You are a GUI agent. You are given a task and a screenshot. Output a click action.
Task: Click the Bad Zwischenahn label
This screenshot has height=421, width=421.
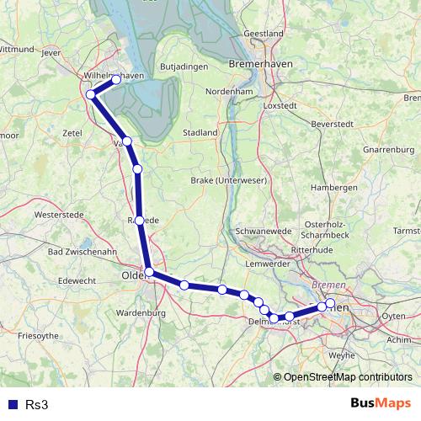tap(83, 252)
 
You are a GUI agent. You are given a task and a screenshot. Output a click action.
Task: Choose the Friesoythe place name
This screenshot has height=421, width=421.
tap(38, 335)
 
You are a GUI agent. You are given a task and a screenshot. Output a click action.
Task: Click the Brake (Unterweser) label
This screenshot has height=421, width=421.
tap(223, 181)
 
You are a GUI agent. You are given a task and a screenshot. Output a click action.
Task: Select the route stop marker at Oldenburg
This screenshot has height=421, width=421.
tap(149, 272)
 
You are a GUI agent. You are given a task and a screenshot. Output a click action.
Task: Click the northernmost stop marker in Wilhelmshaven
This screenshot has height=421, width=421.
tap(116, 79)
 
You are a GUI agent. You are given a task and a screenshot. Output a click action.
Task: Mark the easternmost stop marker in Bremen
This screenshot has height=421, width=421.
tap(330, 303)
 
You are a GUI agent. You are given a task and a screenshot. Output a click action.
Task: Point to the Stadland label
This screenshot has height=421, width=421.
tap(200, 132)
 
